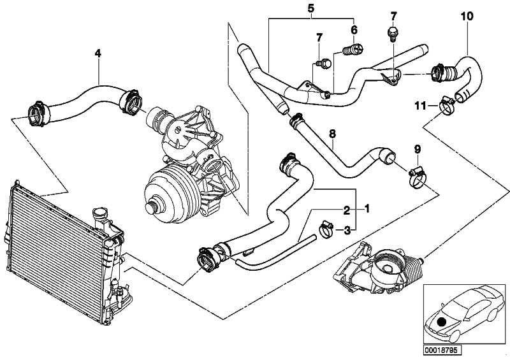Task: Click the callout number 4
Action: pyautogui.click(x=98, y=54)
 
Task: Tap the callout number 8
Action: pyautogui.click(x=331, y=134)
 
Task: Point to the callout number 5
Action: pyautogui.click(x=310, y=10)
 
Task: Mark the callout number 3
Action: pyautogui.click(x=346, y=229)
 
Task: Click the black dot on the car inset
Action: pyautogui.click(x=441, y=322)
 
